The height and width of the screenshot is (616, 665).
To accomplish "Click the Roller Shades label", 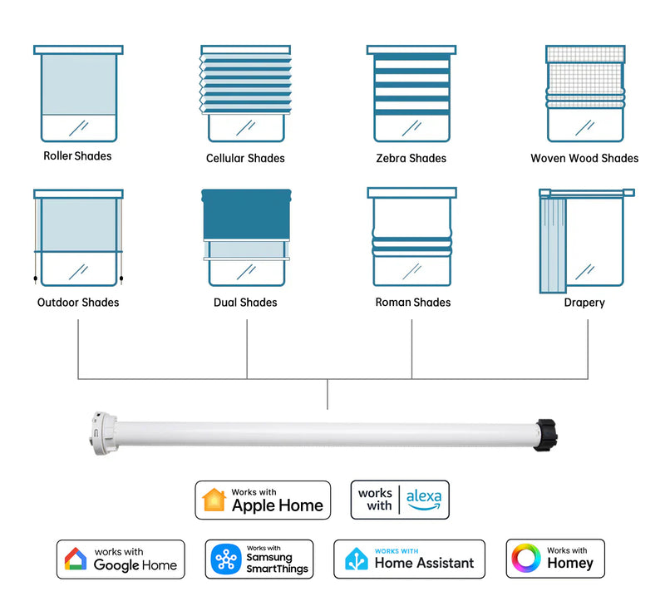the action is coord(77,156).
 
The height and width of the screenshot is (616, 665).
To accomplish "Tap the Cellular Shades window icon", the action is coord(245,93).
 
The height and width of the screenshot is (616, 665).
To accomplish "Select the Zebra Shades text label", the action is coord(411,158).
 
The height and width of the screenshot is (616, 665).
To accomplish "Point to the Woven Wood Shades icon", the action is coord(585,93).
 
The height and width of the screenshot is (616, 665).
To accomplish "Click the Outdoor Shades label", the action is coord(78,303).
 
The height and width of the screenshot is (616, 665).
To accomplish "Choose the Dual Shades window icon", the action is coord(246,238).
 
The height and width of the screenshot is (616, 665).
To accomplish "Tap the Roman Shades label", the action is coord(413,303).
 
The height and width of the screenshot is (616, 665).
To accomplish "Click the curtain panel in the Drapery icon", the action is coord(553,245).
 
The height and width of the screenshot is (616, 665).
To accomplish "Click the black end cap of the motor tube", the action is coord(545,435).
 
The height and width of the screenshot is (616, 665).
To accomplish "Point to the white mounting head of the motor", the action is coord(103,433).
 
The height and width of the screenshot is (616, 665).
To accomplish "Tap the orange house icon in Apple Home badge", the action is coord(214,500).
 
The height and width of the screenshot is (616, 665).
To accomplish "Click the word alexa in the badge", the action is coord(424,497).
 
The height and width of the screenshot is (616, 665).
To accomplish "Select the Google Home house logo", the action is coord(76,559).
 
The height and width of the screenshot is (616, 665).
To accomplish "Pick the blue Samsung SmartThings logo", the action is coord(226,559).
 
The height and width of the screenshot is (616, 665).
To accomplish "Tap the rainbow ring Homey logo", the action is coord(526,559).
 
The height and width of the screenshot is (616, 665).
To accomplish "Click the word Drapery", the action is coord(584,303).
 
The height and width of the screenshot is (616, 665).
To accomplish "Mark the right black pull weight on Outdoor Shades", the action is coord(121,278).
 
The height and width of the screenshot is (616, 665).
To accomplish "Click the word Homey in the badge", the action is coord(570,564).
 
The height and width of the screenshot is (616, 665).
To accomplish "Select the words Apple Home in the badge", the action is coord(278,505).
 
